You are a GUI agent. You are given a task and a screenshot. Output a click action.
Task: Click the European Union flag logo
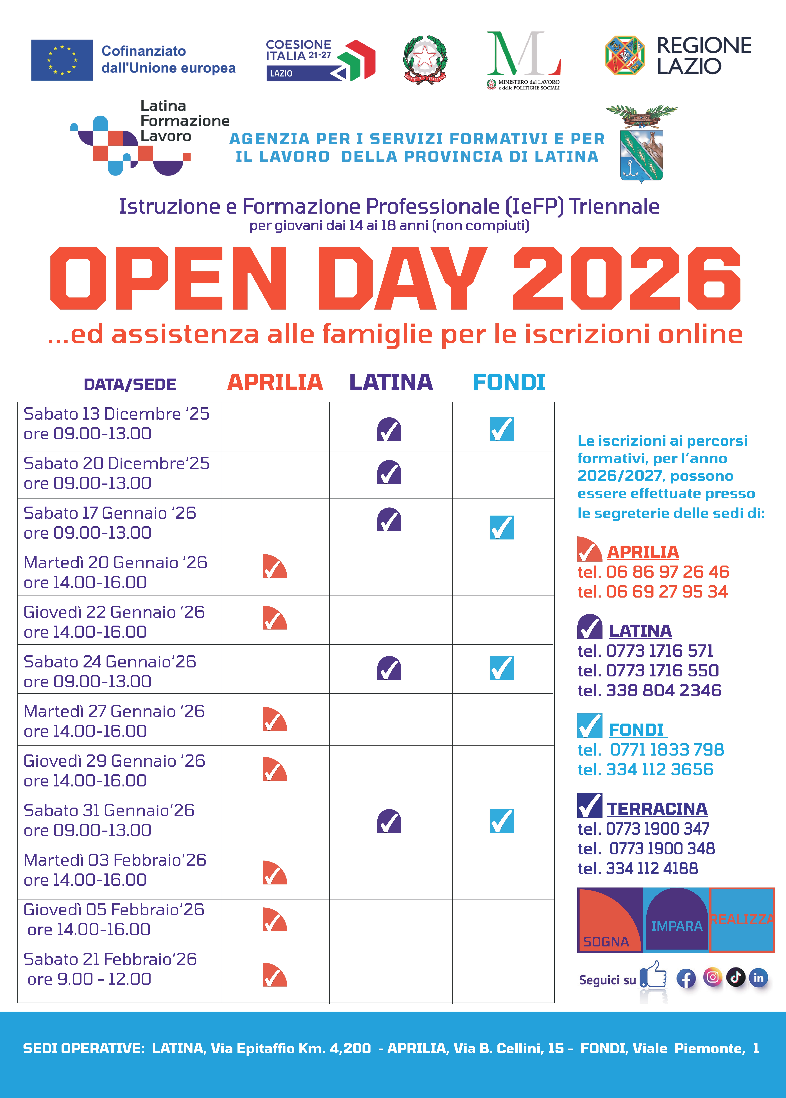coord(62,60)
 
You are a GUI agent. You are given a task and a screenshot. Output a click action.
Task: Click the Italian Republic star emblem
coord(425,59)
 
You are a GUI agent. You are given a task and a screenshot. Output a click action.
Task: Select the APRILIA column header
coord(275,382)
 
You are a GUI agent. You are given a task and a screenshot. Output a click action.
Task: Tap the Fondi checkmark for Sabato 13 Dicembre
coord(501,429)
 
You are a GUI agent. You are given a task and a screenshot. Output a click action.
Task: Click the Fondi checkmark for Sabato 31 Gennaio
coord(501,821)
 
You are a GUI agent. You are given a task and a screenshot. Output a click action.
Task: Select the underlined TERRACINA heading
coord(657,809)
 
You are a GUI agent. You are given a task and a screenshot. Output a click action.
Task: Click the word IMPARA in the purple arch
coord(677,926)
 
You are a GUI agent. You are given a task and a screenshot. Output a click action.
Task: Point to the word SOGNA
coord(606,942)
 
